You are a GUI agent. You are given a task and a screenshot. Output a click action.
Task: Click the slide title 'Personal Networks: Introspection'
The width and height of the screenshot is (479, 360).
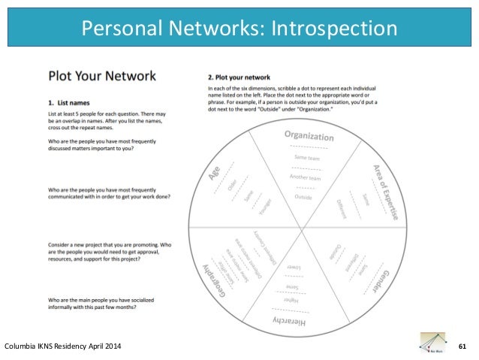click(239, 29)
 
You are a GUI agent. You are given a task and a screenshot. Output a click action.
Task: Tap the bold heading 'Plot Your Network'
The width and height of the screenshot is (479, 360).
click(101, 76)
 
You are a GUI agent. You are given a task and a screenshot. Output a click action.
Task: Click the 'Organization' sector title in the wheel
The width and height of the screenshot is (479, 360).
click(309, 136)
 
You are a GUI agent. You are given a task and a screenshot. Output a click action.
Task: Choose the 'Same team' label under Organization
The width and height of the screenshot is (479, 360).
click(308, 157)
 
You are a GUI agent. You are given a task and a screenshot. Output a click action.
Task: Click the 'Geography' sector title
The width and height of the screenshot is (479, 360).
click(212, 274)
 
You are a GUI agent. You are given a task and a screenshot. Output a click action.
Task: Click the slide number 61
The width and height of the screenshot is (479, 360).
click(462, 345)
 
